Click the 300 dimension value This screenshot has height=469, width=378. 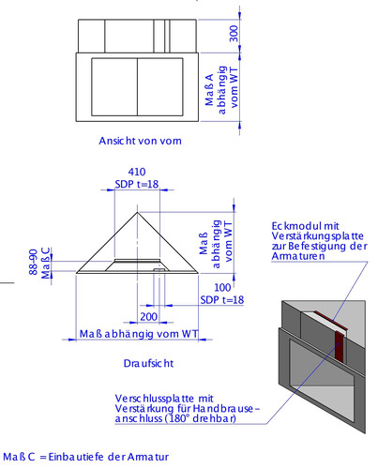(234, 34)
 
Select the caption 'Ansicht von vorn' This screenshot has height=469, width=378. (140, 142)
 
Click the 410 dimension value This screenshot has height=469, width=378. (137, 173)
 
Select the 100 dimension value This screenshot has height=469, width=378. (221, 287)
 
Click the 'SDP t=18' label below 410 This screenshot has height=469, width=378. (137, 184)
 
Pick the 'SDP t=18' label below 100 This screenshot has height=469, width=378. (222, 298)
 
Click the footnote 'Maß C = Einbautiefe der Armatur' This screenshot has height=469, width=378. (84, 457)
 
